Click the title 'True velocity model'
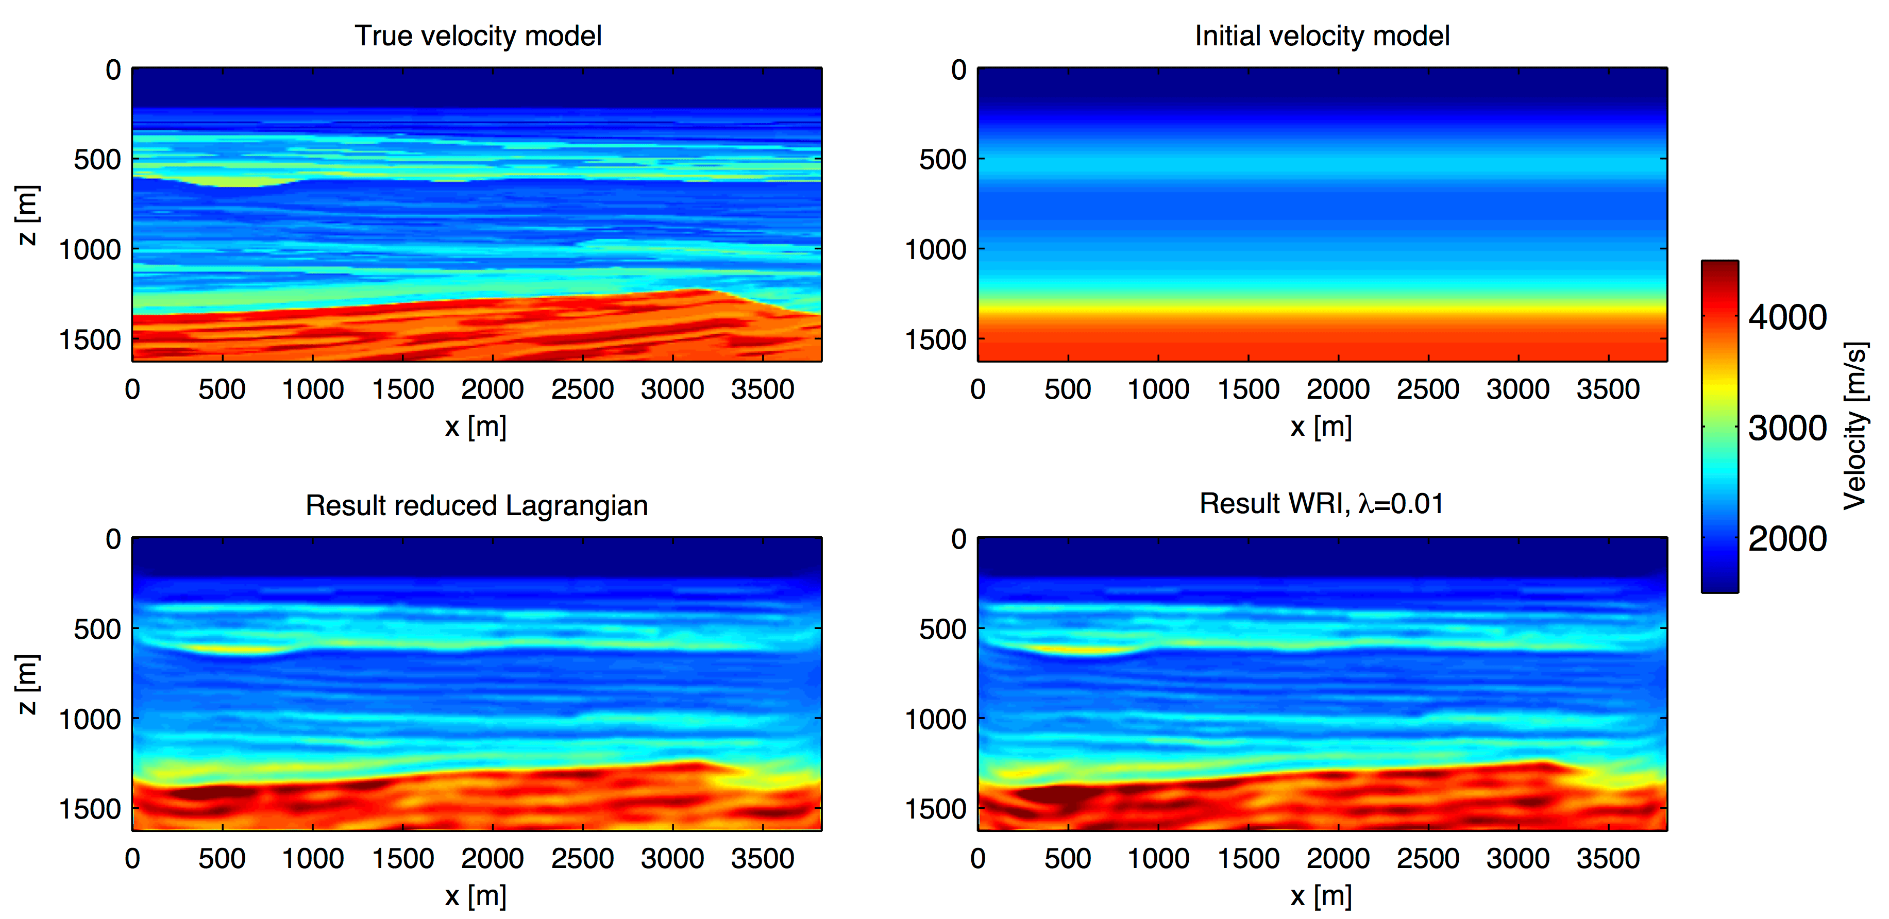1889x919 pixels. point(478,35)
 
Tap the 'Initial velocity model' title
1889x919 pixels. point(1322,35)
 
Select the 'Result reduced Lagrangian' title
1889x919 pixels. point(477,505)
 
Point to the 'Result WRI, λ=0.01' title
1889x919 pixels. point(1321,503)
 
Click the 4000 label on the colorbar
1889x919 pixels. point(1787,317)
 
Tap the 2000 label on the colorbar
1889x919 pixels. point(1787,539)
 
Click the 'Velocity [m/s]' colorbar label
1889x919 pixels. point(1856,425)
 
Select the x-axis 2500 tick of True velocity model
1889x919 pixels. point(582,389)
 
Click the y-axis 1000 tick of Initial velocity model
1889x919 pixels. point(936,250)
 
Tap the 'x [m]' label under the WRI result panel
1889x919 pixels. point(1321,895)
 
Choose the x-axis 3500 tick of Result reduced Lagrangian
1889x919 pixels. point(763,858)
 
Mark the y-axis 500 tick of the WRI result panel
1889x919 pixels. point(943,629)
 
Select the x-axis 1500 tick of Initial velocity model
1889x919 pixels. point(1248,389)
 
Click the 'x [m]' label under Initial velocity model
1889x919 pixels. point(1321,426)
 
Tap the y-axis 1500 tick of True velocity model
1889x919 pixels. point(90,340)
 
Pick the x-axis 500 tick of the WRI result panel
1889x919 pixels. point(1068,858)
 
